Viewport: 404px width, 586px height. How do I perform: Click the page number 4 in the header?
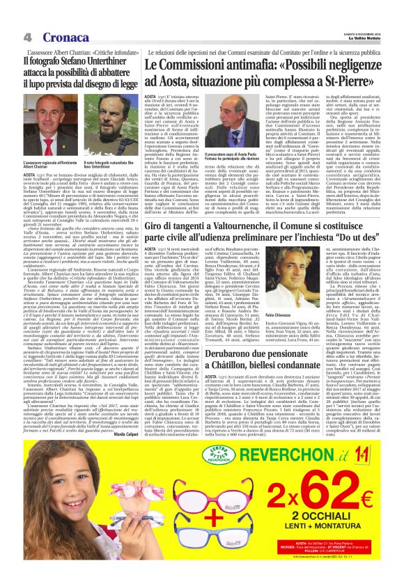tap(26, 17)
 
